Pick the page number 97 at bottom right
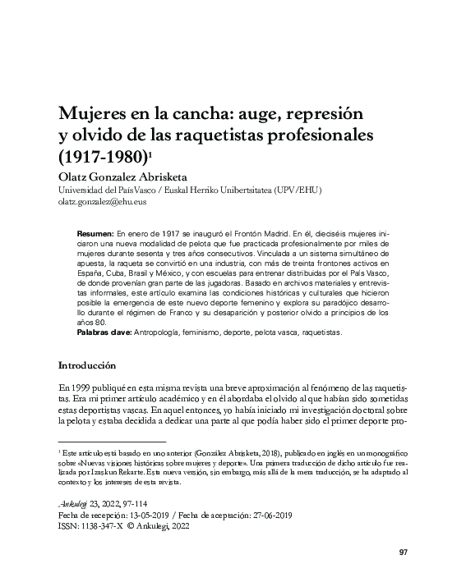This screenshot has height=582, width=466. click(403, 552)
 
